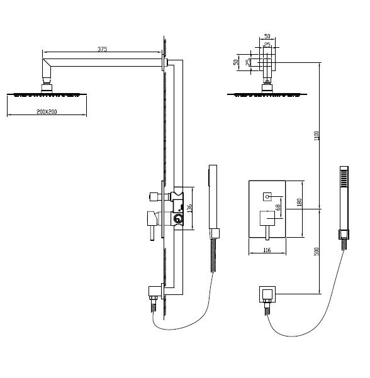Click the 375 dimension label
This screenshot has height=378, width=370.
(x=102, y=49)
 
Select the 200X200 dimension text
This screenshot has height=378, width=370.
(x=47, y=111)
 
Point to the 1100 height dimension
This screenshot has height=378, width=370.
(x=317, y=136)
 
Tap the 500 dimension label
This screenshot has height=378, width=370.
(x=317, y=252)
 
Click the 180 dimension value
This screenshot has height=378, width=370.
(x=300, y=203)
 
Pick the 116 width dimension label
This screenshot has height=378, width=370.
(x=267, y=250)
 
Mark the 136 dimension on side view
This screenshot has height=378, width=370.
(x=189, y=208)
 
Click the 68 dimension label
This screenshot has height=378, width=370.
(x=278, y=208)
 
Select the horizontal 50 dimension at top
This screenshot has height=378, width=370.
(x=267, y=36)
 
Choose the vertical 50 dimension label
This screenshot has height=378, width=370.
(x=236, y=62)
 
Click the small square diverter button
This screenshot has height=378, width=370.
(x=267, y=197)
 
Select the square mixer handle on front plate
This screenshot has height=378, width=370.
(x=267, y=218)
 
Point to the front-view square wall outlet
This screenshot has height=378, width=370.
(x=267, y=294)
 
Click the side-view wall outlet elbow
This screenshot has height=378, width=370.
(x=155, y=291)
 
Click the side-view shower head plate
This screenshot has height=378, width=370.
(x=47, y=94)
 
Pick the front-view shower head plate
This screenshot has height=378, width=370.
(x=267, y=94)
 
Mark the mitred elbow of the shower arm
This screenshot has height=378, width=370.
(x=47, y=65)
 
